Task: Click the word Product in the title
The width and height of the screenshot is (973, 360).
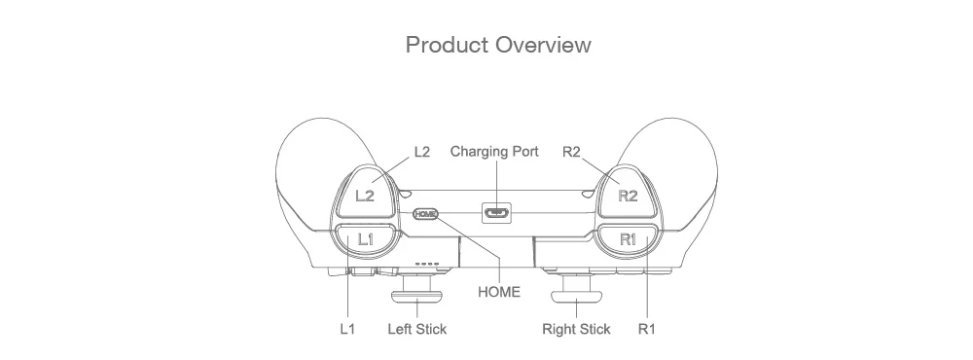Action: coord(447,45)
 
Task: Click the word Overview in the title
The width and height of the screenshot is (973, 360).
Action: coord(544,45)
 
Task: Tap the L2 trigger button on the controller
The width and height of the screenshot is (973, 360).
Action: coord(365,193)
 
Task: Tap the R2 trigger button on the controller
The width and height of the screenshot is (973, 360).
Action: coord(628,193)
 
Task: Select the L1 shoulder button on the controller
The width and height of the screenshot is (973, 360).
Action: coord(366,239)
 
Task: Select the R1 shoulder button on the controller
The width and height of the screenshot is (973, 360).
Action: coord(628,239)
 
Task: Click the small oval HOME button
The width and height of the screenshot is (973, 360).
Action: coord(426,213)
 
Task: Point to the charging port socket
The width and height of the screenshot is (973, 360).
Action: coord(497,213)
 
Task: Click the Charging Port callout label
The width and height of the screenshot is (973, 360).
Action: coord(494,152)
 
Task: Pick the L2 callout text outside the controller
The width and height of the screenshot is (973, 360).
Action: coord(422,152)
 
